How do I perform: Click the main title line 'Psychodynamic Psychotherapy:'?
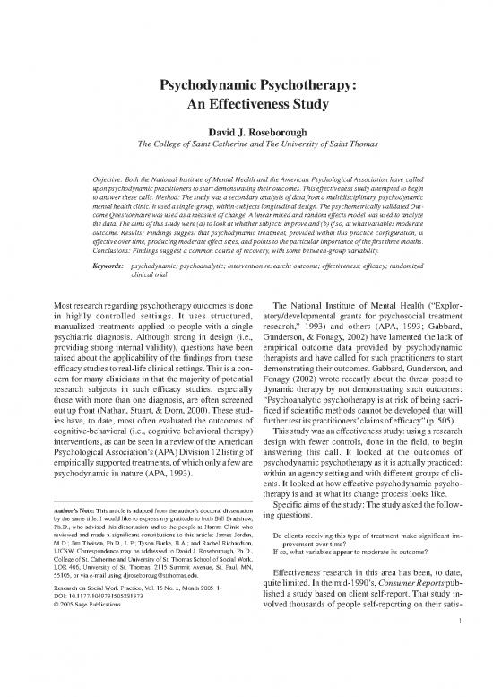click(246, 87)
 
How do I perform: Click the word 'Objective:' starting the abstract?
click(116, 179)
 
